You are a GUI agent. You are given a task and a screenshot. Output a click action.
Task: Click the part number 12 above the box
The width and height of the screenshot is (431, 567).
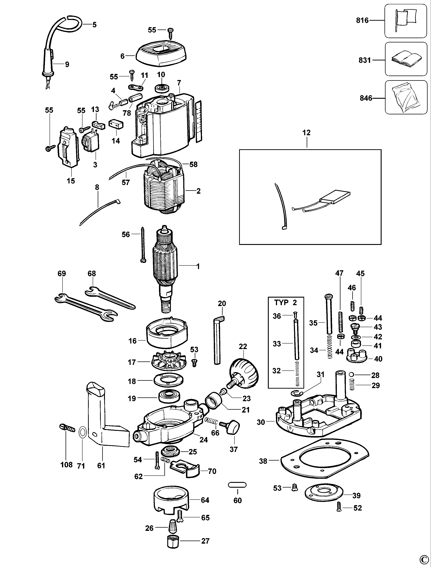pyautogui.click(x=306, y=133)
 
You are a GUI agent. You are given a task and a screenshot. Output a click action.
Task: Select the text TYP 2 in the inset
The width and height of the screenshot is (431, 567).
pyautogui.click(x=285, y=302)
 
